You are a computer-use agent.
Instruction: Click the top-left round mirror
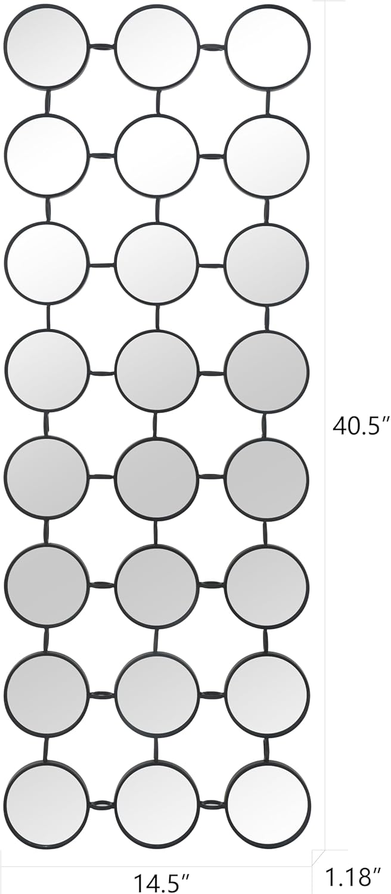pos(46,46)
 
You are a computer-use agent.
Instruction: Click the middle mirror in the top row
pos(157,46)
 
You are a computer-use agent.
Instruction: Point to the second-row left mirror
pos(46,156)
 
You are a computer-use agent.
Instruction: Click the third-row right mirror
pos(268,264)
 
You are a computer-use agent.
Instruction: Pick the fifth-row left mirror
pos(46,479)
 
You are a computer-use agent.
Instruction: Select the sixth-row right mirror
pos(268,586)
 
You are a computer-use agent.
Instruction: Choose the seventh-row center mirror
pos(157,694)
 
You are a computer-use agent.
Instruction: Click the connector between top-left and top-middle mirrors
pos(101,46)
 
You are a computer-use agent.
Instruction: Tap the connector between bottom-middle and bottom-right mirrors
pos(212,805)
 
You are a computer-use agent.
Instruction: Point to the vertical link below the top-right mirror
pos(268,101)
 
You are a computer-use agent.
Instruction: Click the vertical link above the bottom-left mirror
pos(46,749)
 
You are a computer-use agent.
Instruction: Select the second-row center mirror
pos(157,156)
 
